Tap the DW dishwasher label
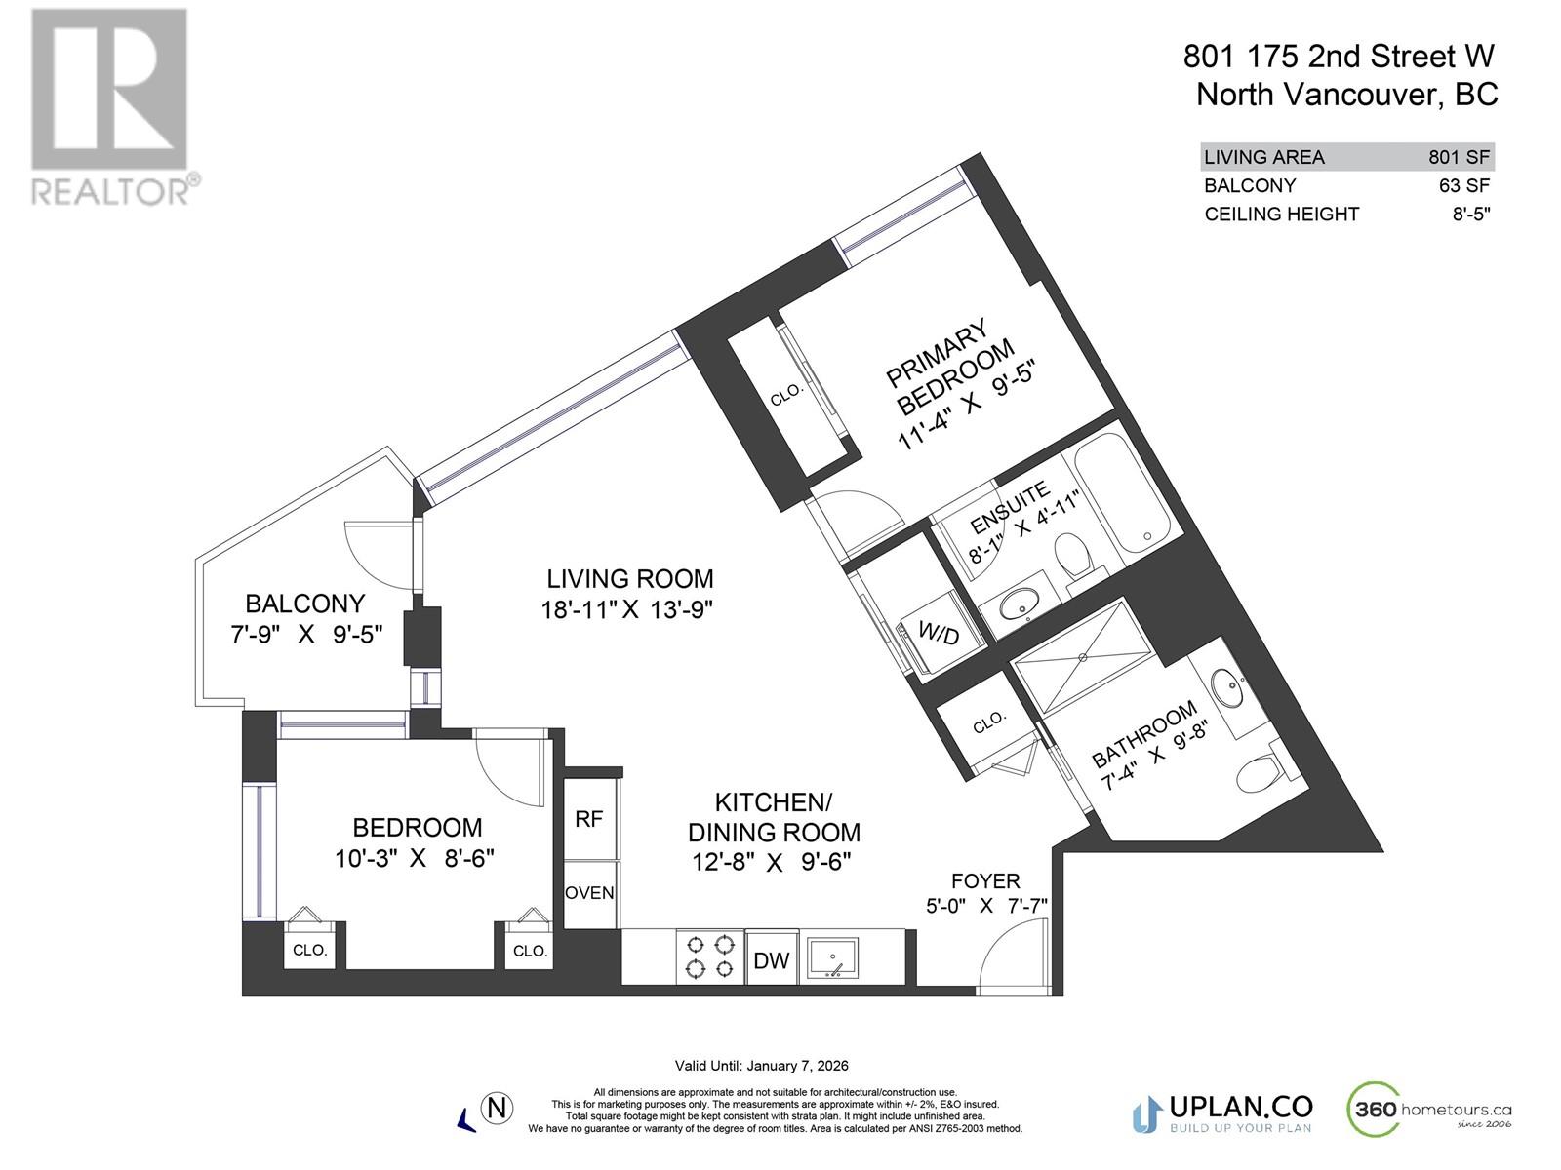tap(771, 960)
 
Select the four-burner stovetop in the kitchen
tap(709, 956)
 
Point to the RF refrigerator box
tap(588, 819)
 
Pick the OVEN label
tap(589, 893)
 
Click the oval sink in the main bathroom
tap(1226, 688)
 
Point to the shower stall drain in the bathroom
tap(1082, 657)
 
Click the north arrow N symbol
tap(498, 1109)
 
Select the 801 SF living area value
tap(1460, 157)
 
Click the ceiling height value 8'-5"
tap(1470, 214)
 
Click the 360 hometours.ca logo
tap(1429, 1110)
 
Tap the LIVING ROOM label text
tap(629, 579)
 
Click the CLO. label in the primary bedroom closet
tap(786, 395)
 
